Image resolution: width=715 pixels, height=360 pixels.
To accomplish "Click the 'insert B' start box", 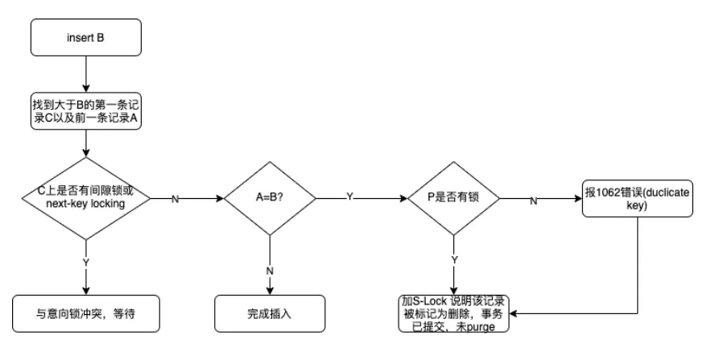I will click(85, 38).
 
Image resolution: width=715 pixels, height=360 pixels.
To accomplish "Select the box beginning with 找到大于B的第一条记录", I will click(85, 111).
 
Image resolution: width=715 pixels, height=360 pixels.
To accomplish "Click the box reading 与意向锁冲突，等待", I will click(85, 312).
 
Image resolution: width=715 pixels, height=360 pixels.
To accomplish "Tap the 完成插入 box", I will click(268, 312).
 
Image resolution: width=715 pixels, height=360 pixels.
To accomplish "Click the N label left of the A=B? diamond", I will click(176, 198).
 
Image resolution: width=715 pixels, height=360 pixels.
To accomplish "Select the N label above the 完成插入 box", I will click(268, 271).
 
